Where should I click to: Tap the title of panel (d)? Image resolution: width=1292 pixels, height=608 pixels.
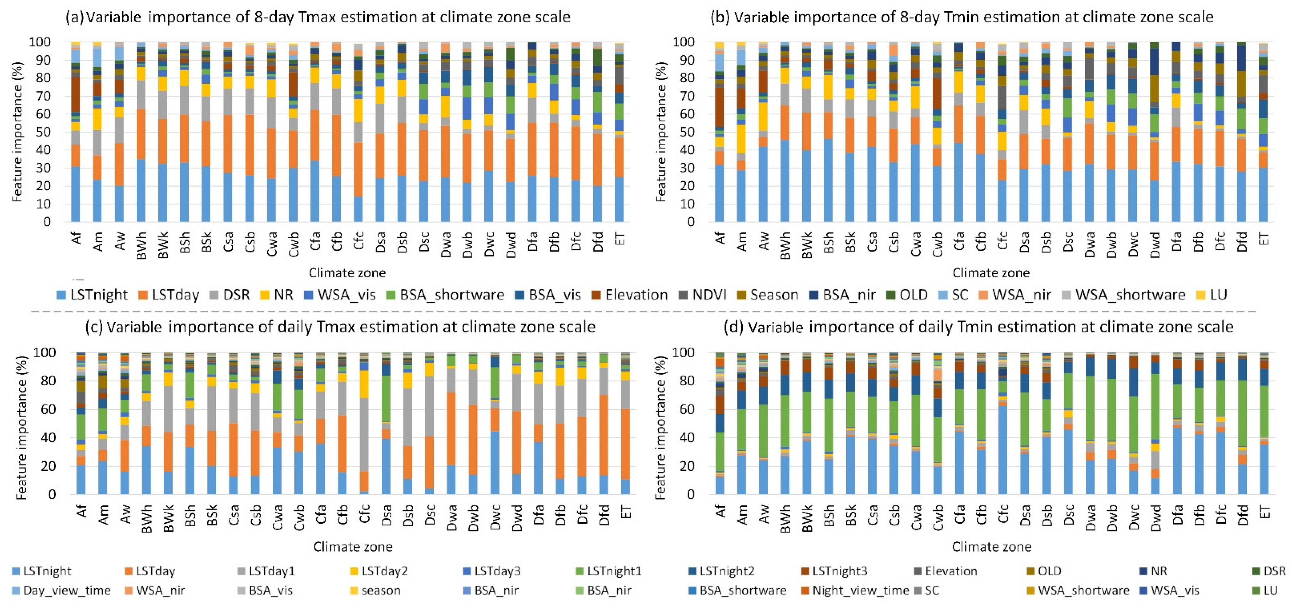[978, 327]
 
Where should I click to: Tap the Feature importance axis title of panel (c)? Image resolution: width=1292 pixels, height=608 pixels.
[21, 427]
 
